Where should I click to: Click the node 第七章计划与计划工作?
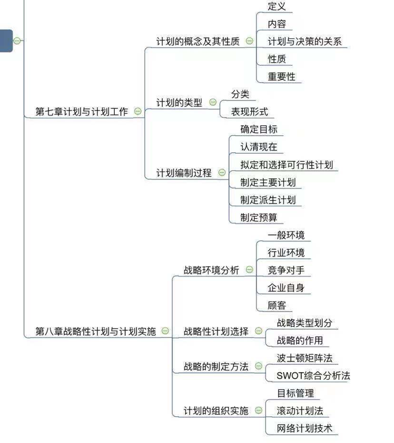[82, 111]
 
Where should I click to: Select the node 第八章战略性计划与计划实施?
[96, 331]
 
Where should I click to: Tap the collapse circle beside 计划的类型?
[213, 102]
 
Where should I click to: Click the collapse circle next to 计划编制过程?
[222, 172]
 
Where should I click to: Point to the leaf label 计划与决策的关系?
[304, 42]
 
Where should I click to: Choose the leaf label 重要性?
[282, 76]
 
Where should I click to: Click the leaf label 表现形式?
[250, 112]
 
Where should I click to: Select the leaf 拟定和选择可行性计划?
[287, 165]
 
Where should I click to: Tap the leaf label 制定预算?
[259, 218]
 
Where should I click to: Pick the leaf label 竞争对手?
[286, 270]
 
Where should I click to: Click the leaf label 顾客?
[277, 306]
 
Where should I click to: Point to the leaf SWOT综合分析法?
[313, 376]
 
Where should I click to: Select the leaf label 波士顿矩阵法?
[304, 358]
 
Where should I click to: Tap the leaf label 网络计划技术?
[304, 428]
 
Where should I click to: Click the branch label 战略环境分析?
[211, 270]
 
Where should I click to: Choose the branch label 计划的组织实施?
[216, 411]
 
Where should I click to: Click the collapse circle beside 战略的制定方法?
[259, 366]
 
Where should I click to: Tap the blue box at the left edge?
[6, 41]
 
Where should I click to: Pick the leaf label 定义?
[277, 6]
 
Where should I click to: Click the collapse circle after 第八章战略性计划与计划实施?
[165, 331]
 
